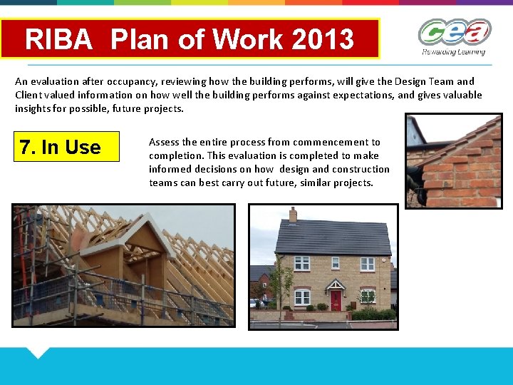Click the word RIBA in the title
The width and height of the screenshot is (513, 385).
tap(59, 39)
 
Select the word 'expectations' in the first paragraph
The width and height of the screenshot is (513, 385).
tap(352, 95)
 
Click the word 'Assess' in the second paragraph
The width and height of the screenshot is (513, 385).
tap(163, 142)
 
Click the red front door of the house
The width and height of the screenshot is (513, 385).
tap(335, 300)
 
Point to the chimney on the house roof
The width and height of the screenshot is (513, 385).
tap(293, 214)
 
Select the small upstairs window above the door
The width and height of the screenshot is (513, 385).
tap(335, 263)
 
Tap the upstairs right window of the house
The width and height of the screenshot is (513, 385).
tap(368, 264)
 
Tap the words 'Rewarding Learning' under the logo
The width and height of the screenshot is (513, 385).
tap(453, 52)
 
